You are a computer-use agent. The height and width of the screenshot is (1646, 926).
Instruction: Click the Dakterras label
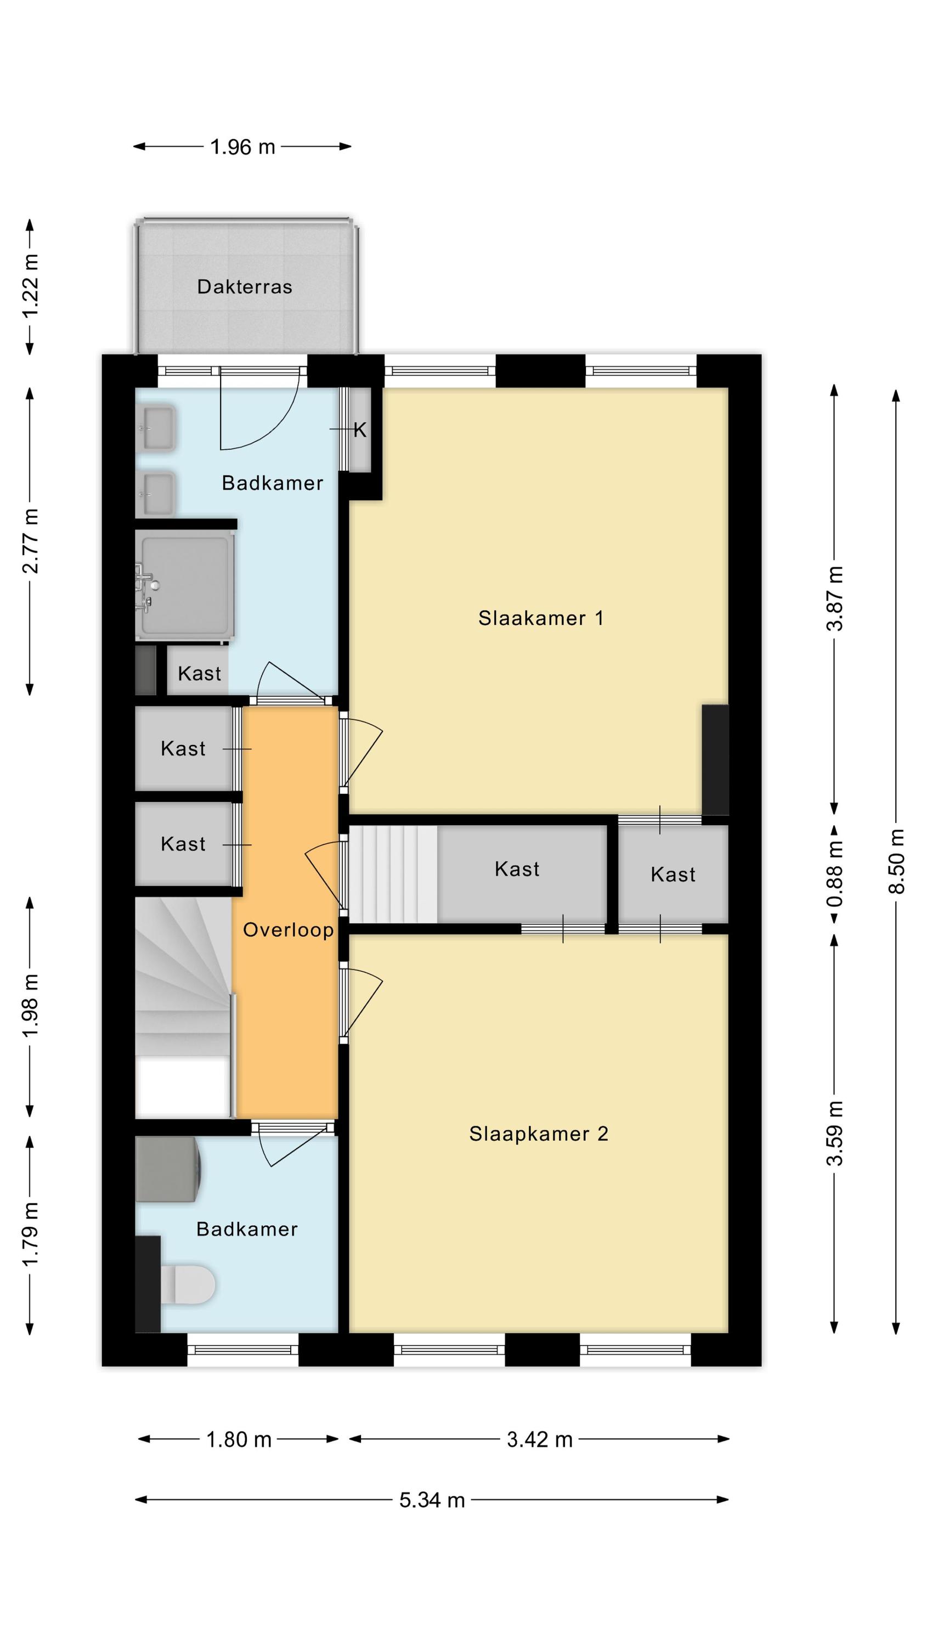pyautogui.click(x=244, y=286)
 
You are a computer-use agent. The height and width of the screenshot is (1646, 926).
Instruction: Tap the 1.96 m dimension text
pyautogui.click(x=242, y=147)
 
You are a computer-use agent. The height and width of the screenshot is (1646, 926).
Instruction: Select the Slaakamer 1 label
pyautogui.click(x=541, y=618)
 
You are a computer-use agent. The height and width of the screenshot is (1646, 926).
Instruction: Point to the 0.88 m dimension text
pyautogui.click(x=834, y=874)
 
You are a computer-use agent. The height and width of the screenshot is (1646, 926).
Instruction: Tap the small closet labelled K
pyautogui.click(x=360, y=430)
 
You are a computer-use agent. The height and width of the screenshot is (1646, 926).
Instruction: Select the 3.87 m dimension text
pyautogui.click(x=834, y=598)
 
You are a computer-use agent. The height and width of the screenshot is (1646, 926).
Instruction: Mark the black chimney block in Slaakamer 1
pyautogui.click(x=715, y=760)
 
